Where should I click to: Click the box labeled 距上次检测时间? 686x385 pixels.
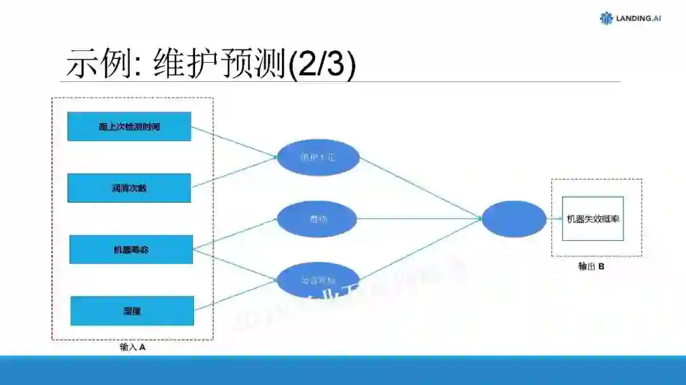click(x=129, y=126)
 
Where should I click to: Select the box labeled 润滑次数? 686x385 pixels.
click(x=129, y=188)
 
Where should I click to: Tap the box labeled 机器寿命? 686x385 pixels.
click(x=131, y=249)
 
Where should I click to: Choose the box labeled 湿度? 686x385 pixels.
click(x=132, y=311)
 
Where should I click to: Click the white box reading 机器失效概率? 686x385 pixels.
click(x=593, y=219)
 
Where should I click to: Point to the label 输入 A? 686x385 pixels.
click(x=133, y=348)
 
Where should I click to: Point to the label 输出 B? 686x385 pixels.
click(x=591, y=266)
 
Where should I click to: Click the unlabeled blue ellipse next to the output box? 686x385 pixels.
click(x=513, y=219)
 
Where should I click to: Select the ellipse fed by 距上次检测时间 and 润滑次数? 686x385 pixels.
click(x=318, y=157)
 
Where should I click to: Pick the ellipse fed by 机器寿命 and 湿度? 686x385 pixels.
click(x=318, y=280)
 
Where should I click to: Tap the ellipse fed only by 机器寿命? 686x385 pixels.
click(x=318, y=219)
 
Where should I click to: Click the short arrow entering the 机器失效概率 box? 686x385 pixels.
click(x=554, y=219)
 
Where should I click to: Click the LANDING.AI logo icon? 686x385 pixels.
click(x=607, y=18)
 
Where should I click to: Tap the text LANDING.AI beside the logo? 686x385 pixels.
click(x=638, y=18)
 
